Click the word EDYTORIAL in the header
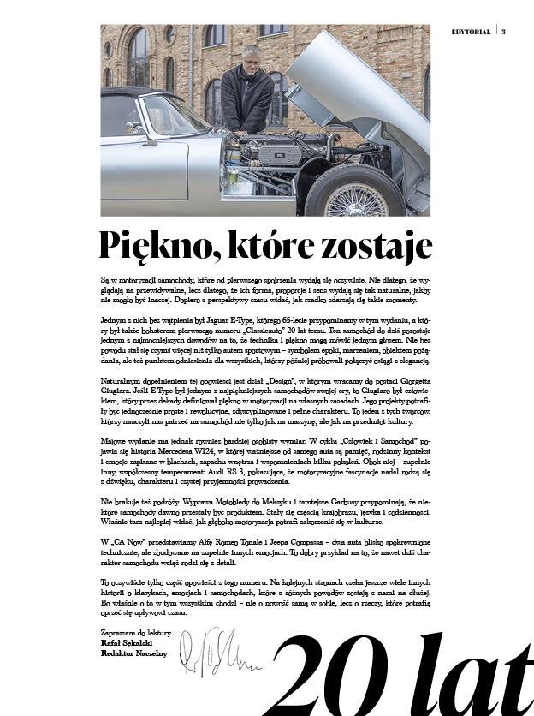pos(471,33)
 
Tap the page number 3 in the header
pos(504,33)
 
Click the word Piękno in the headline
pos(151,245)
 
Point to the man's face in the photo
pos(251,60)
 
